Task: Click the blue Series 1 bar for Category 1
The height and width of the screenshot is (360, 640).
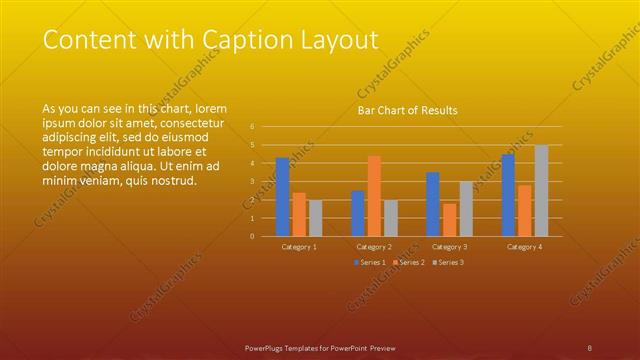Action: coord(282,197)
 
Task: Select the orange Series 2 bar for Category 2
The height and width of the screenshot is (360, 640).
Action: coord(374,196)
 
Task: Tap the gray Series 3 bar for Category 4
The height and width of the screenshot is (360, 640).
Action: coord(541,191)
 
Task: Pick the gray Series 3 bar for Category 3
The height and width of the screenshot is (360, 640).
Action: coord(466,209)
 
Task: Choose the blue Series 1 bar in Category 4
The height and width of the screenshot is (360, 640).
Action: coord(508,195)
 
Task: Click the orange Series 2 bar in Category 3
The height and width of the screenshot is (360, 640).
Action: coord(450,220)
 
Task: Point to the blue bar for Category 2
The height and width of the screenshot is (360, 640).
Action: coord(358,213)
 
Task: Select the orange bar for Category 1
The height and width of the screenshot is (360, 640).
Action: coord(299,214)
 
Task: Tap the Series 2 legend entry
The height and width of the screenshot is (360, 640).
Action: coord(410,262)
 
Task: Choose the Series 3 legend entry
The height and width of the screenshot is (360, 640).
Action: coord(450,262)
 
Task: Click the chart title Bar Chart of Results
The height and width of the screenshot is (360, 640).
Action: coord(408,110)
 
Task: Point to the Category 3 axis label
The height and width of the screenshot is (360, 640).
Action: coord(449,246)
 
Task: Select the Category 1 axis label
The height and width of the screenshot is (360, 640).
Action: coord(299,246)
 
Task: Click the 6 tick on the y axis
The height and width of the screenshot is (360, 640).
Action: coord(252,127)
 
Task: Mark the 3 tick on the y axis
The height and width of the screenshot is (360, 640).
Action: coord(252,181)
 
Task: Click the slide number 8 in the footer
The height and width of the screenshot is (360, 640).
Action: coord(590,346)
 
